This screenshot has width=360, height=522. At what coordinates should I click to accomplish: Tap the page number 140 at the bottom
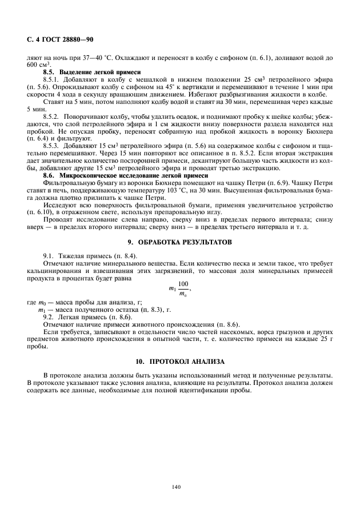[176, 487]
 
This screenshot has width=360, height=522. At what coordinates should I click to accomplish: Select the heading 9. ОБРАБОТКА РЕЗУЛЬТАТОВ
[179, 242]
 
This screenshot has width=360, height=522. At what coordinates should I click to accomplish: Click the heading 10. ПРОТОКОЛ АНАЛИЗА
[179, 362]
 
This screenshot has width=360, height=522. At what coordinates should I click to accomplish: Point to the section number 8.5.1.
[53, 78]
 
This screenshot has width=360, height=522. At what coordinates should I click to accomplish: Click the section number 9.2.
[49, 316]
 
